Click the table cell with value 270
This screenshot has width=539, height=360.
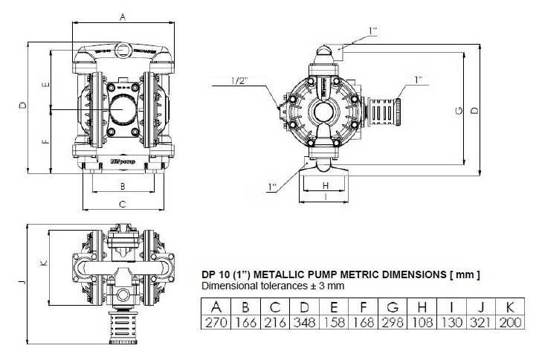tap(216, 322)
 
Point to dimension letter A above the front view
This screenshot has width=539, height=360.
tap(123, 16)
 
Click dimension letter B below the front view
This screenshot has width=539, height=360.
tap(123, 185)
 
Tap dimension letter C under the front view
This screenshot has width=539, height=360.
tap(123, 203)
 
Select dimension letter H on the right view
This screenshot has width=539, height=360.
tap(326, 184)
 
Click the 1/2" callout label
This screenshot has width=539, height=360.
tap(239, 80)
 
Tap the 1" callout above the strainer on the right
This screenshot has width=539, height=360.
tap(418, 78)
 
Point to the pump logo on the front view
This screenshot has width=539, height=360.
tap(120, 159)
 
